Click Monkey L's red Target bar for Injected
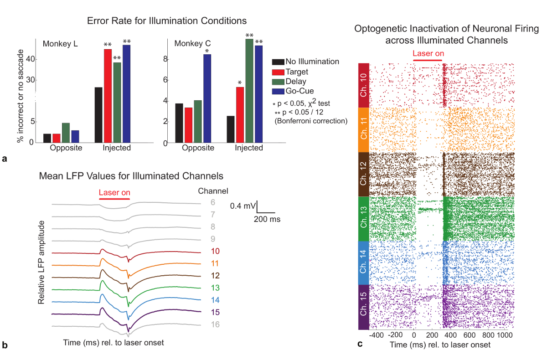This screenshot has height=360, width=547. coord(108,96)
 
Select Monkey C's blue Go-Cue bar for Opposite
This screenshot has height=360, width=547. coord(207,98)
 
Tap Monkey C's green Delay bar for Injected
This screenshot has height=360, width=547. coord(249,91)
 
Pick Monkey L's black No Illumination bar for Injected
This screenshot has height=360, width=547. coord(98,114)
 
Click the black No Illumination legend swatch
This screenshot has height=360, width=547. coord(278,62)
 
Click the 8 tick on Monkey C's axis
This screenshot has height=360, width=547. coord(167,59)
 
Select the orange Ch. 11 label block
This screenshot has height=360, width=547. coord(363,130)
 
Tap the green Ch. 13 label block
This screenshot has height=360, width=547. coord(363,218)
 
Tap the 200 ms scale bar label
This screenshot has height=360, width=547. coord(267,219)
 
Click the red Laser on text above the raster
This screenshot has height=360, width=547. coord(428,54)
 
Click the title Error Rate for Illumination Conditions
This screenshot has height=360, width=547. coord(167,21)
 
